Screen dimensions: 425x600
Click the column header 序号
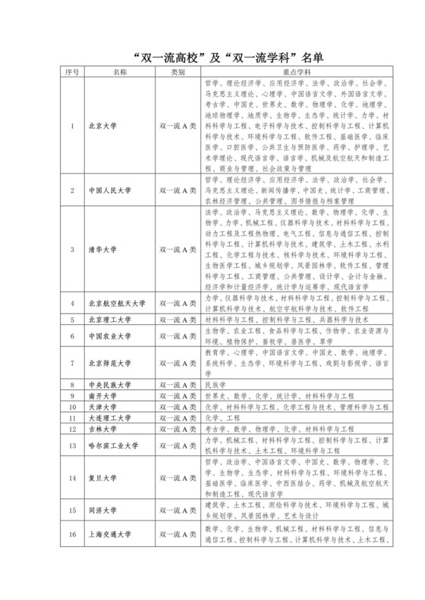tap(72, 72)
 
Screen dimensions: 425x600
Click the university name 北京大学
tap(103, 127)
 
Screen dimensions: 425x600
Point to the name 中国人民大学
tap(110, 192)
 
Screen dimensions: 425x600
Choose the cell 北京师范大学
tap(110, 363)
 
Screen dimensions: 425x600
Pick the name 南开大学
tap(103, 395)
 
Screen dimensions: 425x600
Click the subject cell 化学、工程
tap(222, 417)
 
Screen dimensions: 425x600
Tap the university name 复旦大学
tap(103, 478)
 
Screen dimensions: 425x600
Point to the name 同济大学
tap(103, 511)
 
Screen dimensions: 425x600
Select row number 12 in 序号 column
tap(72, 428)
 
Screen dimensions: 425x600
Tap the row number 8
tap(72, 385)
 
